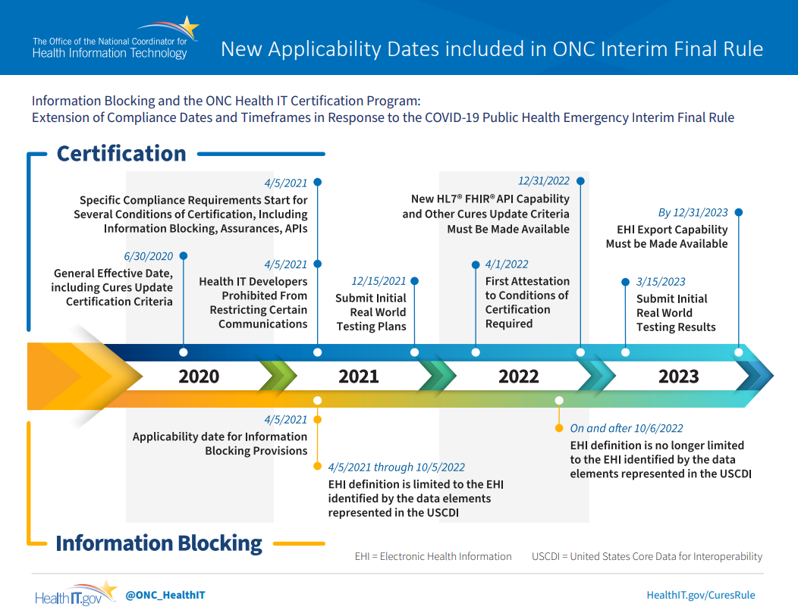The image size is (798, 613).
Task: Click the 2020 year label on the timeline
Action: [x=199, y=376]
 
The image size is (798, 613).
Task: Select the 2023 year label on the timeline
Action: [x=678, y=376]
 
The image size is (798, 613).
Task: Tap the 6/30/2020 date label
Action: [x=148, y=256]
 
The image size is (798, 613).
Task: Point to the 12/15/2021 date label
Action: [x=379, y=281]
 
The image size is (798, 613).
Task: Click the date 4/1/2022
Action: [x=507, y=264]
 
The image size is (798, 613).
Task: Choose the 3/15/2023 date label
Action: [x=661, y=282]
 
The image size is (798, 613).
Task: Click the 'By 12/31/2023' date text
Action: [x=693, y=212]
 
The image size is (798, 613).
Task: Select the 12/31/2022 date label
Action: [x=544, y=181]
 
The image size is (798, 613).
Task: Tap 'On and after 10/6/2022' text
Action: [x=627, y=428]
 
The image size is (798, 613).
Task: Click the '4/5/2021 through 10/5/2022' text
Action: [x=397, y=467]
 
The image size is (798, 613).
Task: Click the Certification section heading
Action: [x=121, y=154]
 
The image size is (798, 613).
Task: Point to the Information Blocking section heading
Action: [x=159, y=543]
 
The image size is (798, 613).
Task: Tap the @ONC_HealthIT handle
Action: [x=165, y=596]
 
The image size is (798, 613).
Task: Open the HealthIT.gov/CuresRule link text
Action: [x=701, y=596]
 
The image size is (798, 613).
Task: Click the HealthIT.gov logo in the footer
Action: [x=76, y=594]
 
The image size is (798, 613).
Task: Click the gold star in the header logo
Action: [x=188, y=27]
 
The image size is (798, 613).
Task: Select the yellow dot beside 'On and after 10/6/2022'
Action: [x=559, y=428]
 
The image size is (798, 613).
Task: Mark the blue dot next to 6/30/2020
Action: [x=184, y=255]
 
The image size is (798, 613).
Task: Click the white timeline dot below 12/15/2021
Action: [x=414, y=352]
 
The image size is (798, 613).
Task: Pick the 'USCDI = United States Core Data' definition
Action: [x=647, y=557]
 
